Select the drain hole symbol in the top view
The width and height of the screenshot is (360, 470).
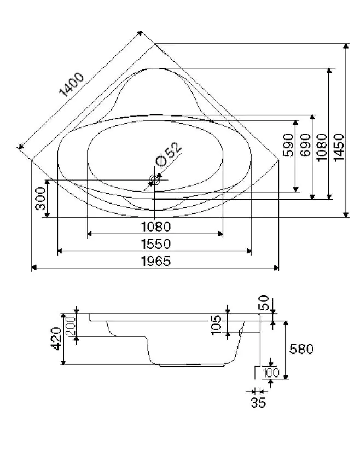[155, 179]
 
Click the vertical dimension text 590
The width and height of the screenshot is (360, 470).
[288, 145]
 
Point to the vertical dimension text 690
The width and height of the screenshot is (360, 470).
[305, 145]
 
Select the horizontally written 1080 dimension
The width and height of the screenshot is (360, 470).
[155, 227]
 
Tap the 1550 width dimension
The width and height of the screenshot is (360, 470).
[155, 244]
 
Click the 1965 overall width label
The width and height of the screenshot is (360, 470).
[155, 261]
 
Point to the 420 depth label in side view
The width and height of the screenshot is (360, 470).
[55, 339]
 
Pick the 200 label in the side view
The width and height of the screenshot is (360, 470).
[70, 327]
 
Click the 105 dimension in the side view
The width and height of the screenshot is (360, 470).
[216, 324]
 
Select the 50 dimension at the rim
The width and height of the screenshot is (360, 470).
[264, 303]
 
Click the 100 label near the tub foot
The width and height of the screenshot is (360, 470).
[271, 373]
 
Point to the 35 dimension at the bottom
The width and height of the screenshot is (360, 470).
[258, 403]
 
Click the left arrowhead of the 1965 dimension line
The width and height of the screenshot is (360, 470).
[33, 268]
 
